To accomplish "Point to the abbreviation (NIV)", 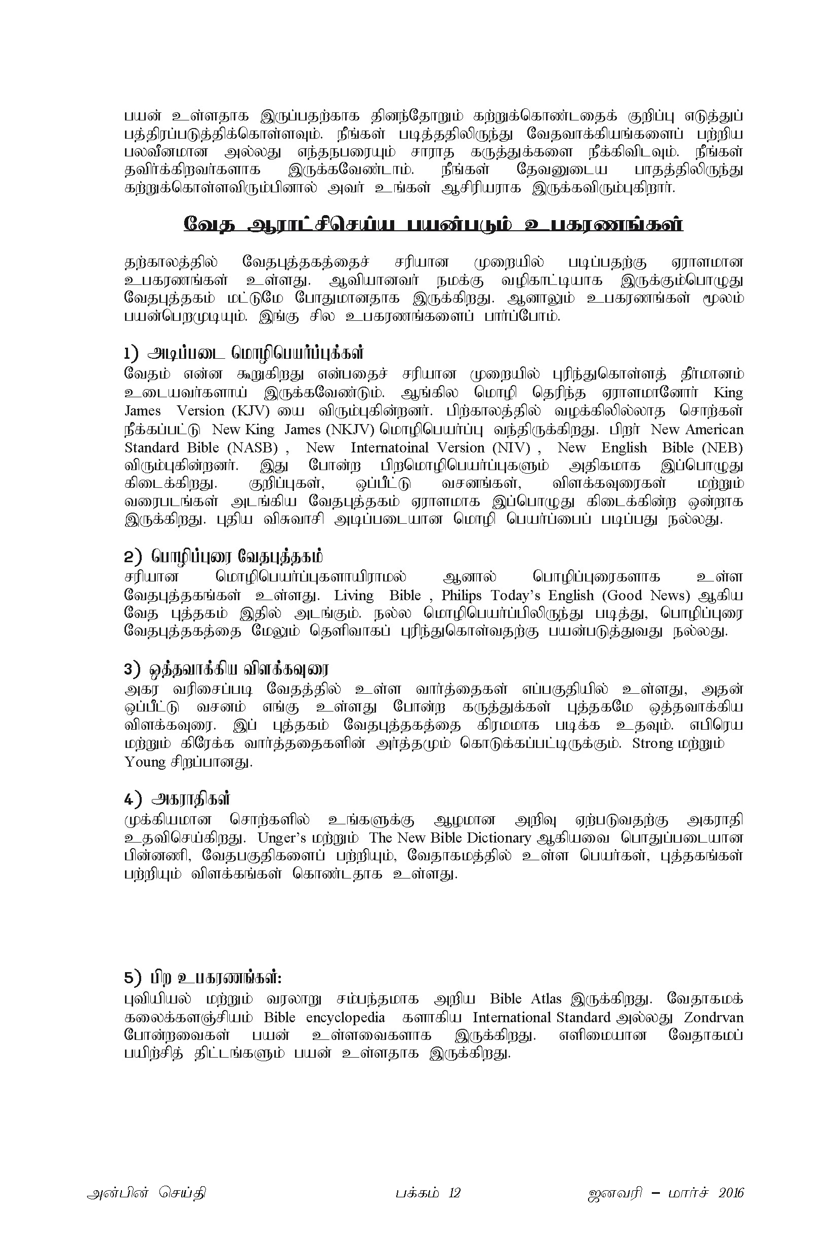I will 511,447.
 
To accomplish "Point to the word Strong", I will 652,743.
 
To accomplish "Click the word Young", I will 145,762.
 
